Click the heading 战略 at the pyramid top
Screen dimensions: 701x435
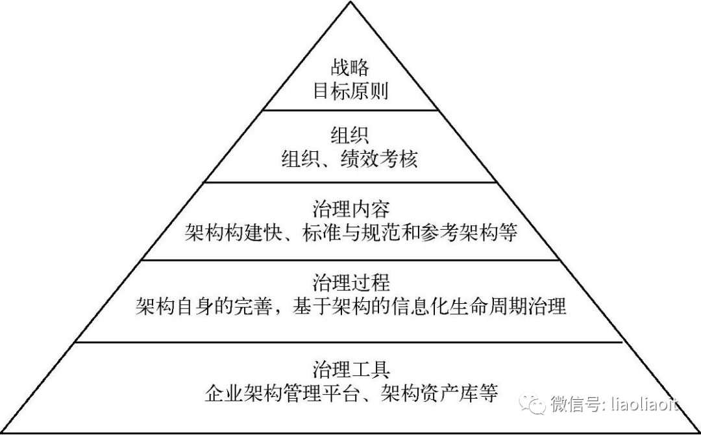[350, 68]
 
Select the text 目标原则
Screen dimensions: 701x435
[350, 91]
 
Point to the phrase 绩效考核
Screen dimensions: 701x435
[380, 160]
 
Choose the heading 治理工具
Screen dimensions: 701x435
[350, 369]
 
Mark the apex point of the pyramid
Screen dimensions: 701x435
[350, 3]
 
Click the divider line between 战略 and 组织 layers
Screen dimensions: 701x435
[350, 110]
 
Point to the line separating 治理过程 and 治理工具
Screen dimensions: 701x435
[350, 342]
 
